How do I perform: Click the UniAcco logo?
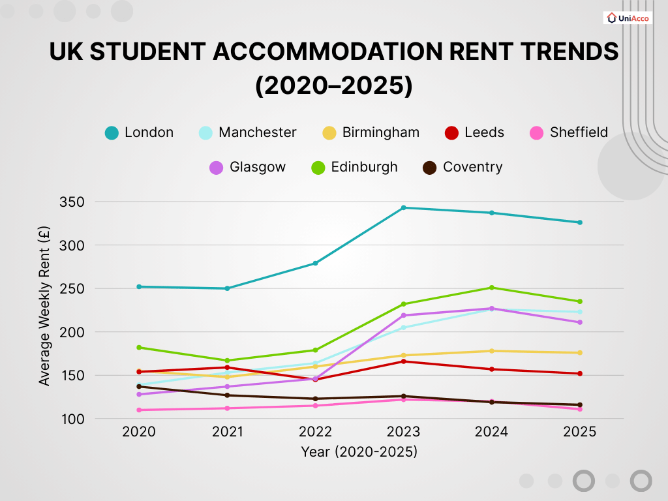(628, 18)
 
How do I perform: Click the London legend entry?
(140, 132)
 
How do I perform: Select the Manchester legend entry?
(248, 132)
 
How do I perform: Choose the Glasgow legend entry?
(248, 167)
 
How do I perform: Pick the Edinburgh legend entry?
(354, 167)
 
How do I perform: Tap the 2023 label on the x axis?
(403, 432)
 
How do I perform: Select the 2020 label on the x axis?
(140, 432)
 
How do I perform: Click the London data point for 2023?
(403, 207)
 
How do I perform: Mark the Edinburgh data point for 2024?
(491, 288)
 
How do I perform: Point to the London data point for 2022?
(315, 263)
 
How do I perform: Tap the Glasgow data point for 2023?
(403, 316)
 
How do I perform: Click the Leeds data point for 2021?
(228, 367)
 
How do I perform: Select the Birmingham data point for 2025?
(579, 353)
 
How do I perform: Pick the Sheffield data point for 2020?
(140, 410)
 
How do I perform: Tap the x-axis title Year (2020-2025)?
(359, 451)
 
